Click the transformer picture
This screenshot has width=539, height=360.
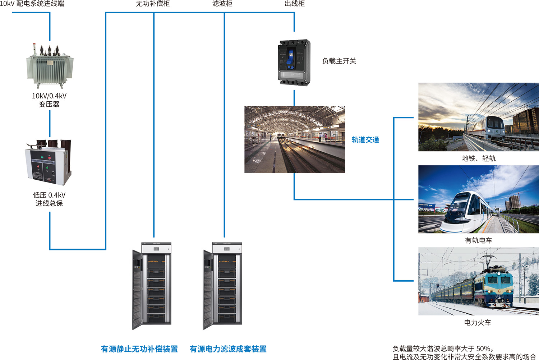(50, 65)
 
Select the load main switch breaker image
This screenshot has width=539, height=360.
(294, 63)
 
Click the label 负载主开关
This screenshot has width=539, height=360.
(339, 61)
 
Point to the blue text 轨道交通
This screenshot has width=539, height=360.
(365, 140)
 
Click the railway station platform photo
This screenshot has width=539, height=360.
(294, 139)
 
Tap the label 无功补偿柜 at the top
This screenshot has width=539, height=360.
(153, 4)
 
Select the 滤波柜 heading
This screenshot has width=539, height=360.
(222, 4)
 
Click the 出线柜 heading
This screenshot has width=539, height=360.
(294, 4)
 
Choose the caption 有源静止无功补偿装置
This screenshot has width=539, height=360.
(139, 349)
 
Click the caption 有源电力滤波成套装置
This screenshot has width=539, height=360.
(228, 349)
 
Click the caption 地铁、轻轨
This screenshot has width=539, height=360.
(478, 158)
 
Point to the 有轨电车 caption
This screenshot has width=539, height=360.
(478, 240)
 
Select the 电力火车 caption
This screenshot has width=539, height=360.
(478, 323)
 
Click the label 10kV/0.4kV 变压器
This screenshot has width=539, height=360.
(49, 100)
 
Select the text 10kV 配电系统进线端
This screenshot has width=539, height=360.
(32, 4)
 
